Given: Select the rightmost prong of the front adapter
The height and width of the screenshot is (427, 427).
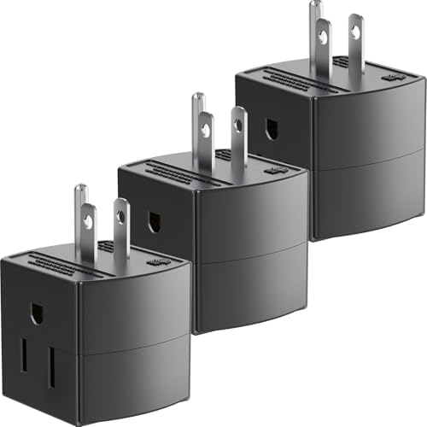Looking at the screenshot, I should [x=122, y=226].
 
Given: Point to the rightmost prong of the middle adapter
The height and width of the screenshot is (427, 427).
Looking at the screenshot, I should [x=239, y=134].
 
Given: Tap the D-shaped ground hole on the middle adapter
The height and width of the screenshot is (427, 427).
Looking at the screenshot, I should [x=155, y=222].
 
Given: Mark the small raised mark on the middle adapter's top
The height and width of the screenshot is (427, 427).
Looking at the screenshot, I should [x=274, y=170].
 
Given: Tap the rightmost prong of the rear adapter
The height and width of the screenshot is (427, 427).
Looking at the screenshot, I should [x=356, y=43].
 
